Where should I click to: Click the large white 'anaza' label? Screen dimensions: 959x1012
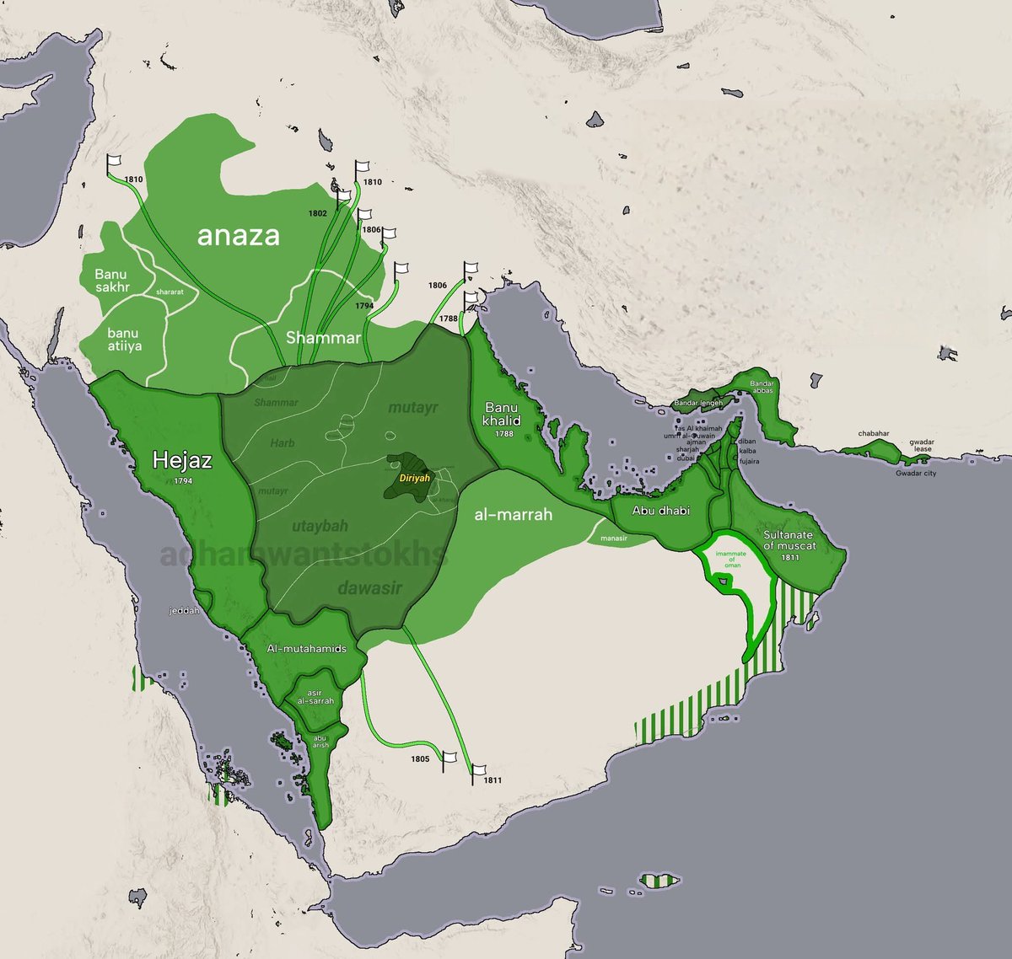pos(238,235)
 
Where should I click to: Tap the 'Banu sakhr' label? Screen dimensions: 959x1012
pos(110,281)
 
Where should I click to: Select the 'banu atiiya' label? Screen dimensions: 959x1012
pos(124,339)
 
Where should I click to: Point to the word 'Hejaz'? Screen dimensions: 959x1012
pos(181,460)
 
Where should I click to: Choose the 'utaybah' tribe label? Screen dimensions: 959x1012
pos(320,527)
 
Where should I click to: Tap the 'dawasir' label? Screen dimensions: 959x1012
pos(368,587)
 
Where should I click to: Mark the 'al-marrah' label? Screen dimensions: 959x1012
pos(513,513)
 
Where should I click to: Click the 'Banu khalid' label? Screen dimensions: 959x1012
pos(503,415)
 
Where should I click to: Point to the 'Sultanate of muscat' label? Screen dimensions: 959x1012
pos(789,540)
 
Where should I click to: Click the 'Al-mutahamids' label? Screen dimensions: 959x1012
pos(306,649)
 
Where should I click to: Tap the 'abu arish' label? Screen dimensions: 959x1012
pos(320,741)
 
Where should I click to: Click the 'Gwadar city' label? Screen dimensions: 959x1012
pos(916,474)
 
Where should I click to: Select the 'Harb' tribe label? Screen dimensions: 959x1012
pos(283,442)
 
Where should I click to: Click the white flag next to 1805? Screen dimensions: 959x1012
pos(449,757)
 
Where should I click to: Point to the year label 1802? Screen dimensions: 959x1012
pos(317,213)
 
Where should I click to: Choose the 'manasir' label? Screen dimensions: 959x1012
pos(613,537)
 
